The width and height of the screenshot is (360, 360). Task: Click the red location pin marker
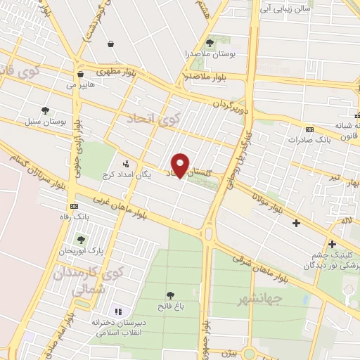(181, 165)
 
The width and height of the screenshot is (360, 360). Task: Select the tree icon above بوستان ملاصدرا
(209, 43)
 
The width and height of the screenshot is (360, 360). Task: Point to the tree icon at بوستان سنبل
(46, 110)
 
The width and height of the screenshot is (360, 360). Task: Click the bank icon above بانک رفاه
(75, 206)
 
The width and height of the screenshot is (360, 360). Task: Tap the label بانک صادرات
(309, 140)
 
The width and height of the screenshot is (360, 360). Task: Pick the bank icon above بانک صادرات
(309, 129)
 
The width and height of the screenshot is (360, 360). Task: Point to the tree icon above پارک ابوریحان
(81, 240)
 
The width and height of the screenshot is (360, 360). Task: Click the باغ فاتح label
(170, 306)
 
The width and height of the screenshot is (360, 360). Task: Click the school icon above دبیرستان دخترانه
(117, 311)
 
